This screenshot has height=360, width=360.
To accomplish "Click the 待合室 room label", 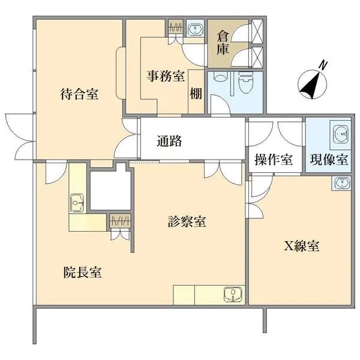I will click(x=79, y=94).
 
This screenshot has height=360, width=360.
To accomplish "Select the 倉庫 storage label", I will click(x=222, y=42).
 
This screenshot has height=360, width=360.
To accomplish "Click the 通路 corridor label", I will click(x=169, y=142).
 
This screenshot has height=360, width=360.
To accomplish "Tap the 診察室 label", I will click(x=187, y=222).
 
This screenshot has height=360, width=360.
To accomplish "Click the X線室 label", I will click(x=301, y=245).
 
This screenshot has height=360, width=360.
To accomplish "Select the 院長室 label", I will click(x=82, y=272).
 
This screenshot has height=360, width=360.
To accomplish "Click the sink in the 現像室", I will click(x=340, y=133).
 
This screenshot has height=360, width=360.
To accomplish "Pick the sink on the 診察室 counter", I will click(x=232, y=294).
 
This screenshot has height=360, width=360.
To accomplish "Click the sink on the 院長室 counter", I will click(x=77, y=203).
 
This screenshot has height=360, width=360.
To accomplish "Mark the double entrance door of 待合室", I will click(x=20, y=135).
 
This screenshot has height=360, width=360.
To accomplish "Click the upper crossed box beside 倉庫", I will click(x=257, y=29).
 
